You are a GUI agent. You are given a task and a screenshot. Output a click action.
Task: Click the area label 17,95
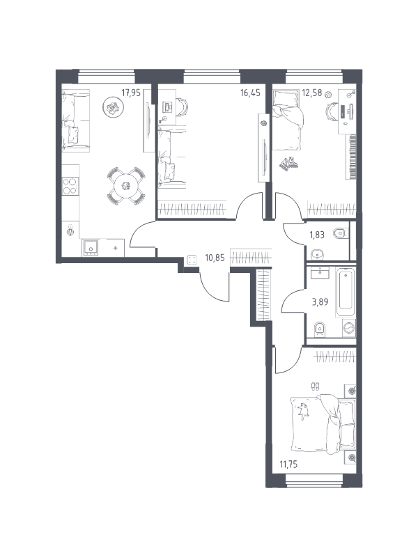[131, 93]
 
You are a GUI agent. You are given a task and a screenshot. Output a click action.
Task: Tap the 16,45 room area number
[250, 93]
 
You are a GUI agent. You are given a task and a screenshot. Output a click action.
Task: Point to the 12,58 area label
[311, 93]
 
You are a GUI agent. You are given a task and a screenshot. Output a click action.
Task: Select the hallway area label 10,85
[215, 258]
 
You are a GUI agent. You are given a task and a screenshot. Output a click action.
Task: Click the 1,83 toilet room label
[317, 235]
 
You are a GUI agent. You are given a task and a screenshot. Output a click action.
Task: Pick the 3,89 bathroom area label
[320, 302]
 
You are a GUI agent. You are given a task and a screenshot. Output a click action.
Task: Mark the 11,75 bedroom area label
[288, 464]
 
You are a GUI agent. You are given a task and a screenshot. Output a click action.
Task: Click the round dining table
[127, 185]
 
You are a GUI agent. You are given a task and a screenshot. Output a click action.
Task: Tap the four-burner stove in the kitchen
[70, 186]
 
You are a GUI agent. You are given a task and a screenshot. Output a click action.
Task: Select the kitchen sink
[91, 247]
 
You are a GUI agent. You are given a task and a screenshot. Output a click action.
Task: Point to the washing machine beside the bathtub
[349, 327]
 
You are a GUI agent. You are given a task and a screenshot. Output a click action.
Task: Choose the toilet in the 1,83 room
[340, 233]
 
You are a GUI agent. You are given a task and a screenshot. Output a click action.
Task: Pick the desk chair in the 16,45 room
[183, 107]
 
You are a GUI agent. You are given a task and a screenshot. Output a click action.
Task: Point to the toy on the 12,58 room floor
[288, 164]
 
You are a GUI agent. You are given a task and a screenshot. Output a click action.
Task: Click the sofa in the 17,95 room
[75, 121]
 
